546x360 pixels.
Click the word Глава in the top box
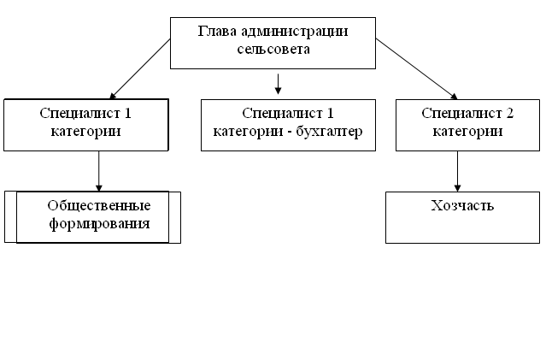(x=217, y=32)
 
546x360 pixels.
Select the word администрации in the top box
(x=294, y=32)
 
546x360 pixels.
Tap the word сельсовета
(x=273, y=49)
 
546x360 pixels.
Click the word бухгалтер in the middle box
(x=329, y=132)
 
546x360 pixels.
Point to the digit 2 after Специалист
(x=509, y=113)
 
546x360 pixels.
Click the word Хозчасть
(x=462, y=205)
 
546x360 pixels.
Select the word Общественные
(x=99, y=206)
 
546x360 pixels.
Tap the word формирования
(x=99, y=224)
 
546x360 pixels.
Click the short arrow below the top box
(x=278, y=84)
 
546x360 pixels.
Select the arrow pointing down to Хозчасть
(x=457, y=171)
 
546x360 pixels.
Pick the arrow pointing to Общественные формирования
(x=99, y=171)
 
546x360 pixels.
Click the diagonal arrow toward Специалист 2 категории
(x=416, y=69)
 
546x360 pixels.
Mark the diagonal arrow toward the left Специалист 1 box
(x=140, y=69)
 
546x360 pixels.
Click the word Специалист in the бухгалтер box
(x=283, y=114)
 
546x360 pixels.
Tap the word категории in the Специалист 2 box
(x=467, y=132)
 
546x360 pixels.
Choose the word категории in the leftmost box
(x=85, y=132)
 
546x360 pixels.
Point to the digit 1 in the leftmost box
(x=128, y=113)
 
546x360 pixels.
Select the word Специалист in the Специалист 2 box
(x=461, y=114)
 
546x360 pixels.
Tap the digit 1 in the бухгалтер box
(x=330, y=113)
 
